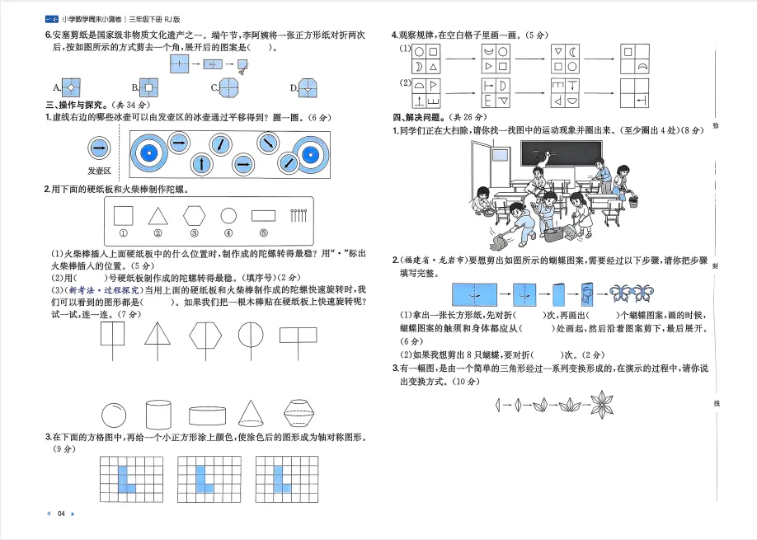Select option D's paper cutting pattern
[x=308, y=87]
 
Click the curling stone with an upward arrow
[x=201, y=163]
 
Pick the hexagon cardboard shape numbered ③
[x=195, y=216]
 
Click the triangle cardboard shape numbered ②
[x=158, y=216]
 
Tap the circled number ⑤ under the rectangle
[x=264, y=233]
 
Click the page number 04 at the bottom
[x=61, y=514]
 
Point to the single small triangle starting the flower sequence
[x=499, y=405]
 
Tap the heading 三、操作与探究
[x=76, y=106]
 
